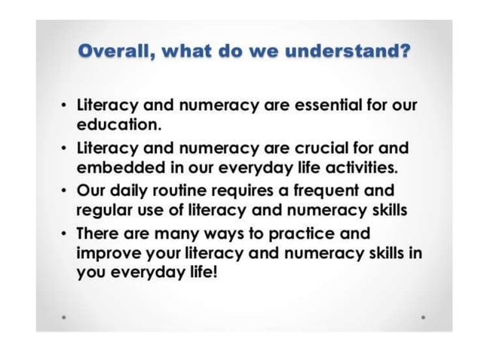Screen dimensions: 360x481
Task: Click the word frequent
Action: tap(320, 191)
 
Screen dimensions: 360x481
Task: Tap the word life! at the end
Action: tap(201, 272)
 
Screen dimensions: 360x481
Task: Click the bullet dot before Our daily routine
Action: tap(64, 191)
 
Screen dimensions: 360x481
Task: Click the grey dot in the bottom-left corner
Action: tap(65, 317)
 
